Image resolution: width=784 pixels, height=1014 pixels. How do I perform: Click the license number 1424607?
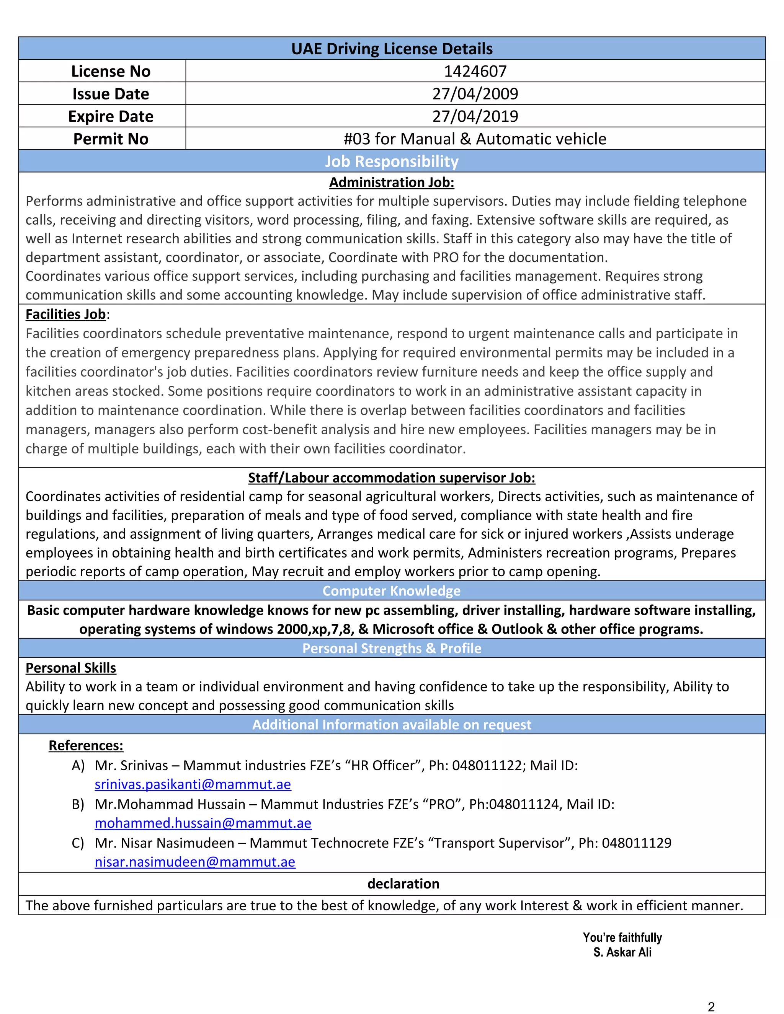(x=475, y=71)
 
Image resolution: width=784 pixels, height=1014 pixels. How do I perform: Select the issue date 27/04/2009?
(x=475, y=94)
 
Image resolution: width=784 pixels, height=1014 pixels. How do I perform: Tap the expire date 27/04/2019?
(x=475, y=116)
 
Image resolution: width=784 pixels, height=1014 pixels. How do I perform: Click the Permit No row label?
(x=111, y=139)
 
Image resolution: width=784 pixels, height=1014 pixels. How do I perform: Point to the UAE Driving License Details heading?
(x=392, y=49)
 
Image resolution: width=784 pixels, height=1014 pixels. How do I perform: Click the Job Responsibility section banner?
(x=392, y=161)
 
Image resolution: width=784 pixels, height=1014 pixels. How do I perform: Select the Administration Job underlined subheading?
(x=392, y=183)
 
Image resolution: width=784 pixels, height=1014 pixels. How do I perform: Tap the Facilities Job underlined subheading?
(x=65, y=314)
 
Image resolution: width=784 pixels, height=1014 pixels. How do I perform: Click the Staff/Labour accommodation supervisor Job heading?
(x=392, y=478)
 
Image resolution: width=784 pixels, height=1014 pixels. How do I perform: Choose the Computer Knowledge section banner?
(x=392, y=590)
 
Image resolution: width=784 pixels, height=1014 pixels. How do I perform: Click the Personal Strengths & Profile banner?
(x=392, y=648)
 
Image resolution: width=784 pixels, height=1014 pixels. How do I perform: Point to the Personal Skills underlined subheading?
(x=70, y=668)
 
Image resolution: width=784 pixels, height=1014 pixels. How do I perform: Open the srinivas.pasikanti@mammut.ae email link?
(x=193, y=784)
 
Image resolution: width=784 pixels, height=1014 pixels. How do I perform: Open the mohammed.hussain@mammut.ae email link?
(x=203, y=823)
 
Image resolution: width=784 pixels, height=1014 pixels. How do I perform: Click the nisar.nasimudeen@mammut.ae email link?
(x=195, y=862)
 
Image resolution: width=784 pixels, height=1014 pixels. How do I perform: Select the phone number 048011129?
(x=636, y=843)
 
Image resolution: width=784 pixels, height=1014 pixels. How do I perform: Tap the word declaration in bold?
(x=403, y=884)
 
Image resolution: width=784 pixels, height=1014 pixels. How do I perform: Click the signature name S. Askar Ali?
(x=622, y=952)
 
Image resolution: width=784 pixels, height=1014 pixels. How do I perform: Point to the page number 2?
(x=710, y=1007)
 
